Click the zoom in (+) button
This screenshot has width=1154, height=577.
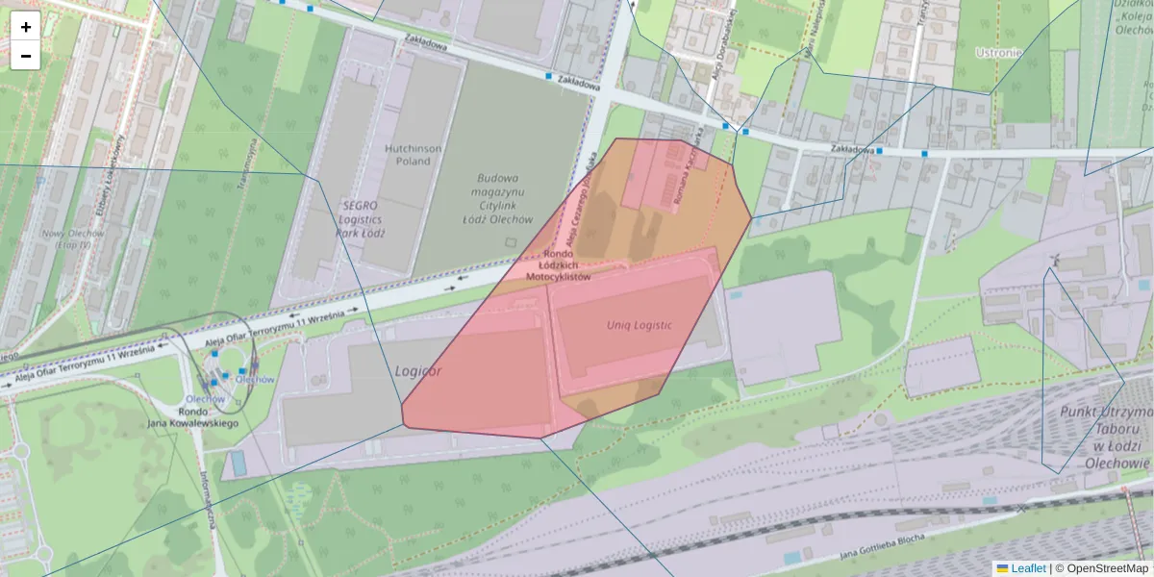pos(26,27)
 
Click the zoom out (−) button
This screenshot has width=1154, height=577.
pos(26,56)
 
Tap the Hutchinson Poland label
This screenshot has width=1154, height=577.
pos(414,155)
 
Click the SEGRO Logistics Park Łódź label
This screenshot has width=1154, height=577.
pos(362,219)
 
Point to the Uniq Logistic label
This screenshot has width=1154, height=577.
pos(640,325)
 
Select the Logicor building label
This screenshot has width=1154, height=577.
pos(418,370)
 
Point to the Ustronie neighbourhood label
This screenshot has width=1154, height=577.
pos(997,53)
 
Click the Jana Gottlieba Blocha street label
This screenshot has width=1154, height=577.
pos(882,546)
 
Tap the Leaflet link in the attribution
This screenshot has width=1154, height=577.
pos(1027,568)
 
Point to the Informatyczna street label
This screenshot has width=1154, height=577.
pos(206,500)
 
